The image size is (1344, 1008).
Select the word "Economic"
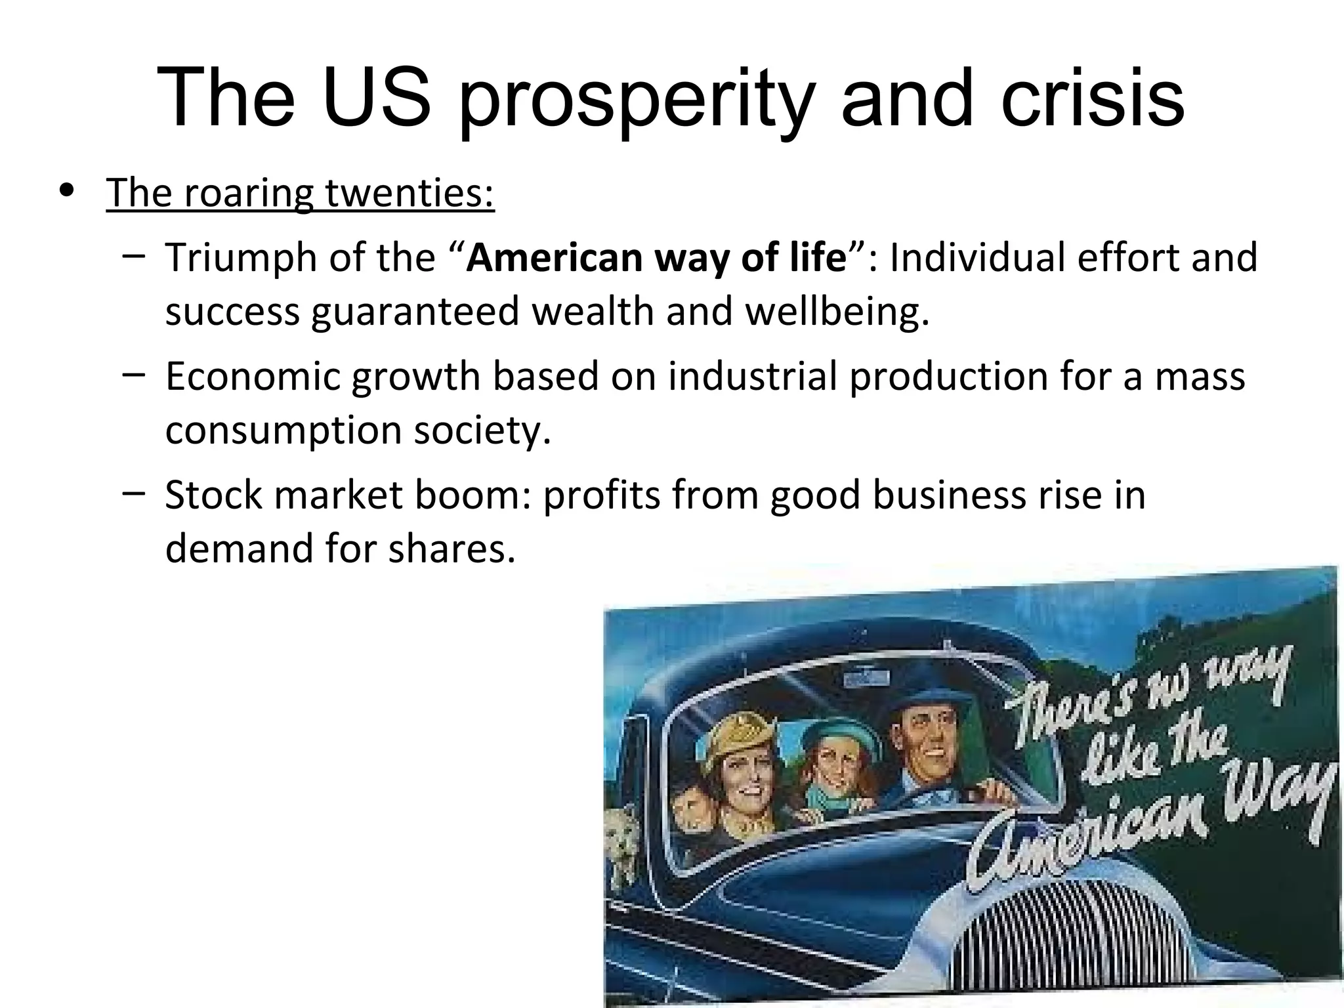pyautogui.click(x=253, y=377)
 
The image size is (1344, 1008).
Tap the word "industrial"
pyautogui.click(x=753, y=377)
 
